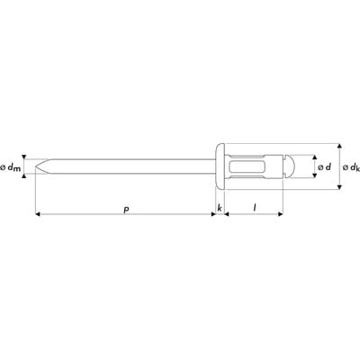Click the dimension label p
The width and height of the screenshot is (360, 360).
pos(126,210)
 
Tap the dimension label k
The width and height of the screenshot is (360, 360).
pos(220,208)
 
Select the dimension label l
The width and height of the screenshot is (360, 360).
pos(255,207)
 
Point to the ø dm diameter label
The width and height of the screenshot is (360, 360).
pos(11,168)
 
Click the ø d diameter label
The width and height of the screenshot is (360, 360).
pos(324,166)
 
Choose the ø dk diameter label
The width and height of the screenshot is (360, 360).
pos(351,167)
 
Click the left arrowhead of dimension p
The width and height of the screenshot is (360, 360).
pos(38,214)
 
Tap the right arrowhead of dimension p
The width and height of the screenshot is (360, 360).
pos(213,214)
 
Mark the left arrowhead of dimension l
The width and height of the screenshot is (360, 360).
pos(227,214)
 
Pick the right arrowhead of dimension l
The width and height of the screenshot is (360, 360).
pos(281,214)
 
